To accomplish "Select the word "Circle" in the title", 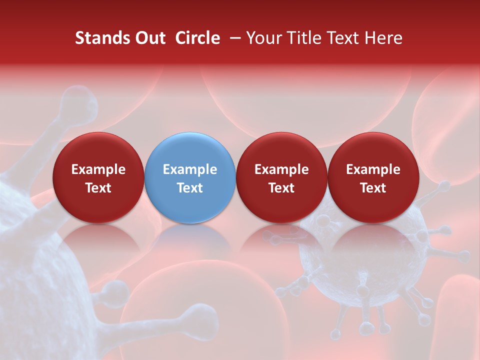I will pos(197,38).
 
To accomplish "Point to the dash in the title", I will pos(233,38).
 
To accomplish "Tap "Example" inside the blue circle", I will pos(190,169).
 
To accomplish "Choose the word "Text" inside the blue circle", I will pos(190,188).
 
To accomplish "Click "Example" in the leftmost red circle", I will pos(98,169).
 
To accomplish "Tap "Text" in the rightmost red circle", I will pos(373,188).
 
